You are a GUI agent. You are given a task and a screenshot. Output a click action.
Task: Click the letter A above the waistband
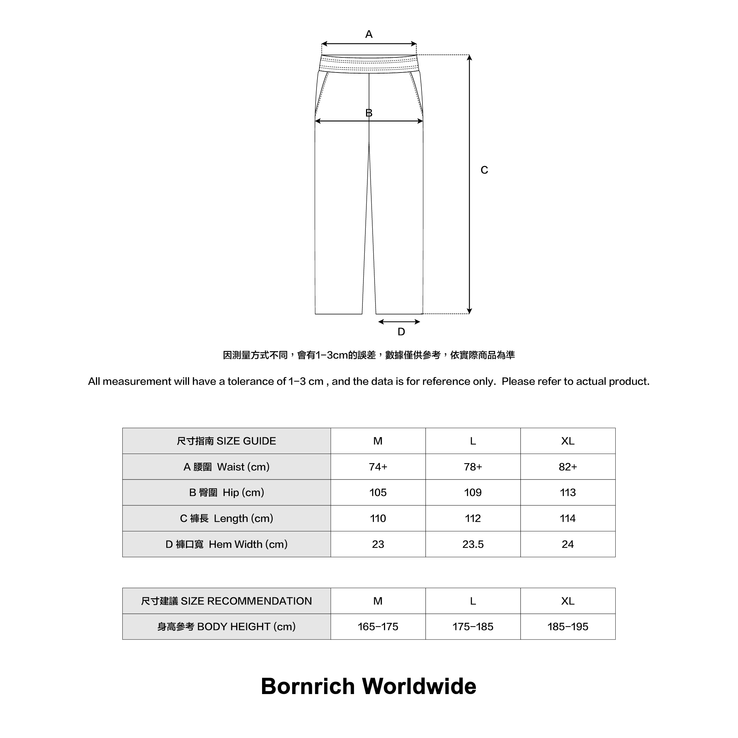(369, 34)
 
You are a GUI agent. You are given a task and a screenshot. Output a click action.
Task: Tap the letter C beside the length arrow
(484, 170)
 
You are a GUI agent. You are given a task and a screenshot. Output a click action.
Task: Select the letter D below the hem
(401, 332)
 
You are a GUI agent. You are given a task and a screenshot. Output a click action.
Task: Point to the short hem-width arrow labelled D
(399, 322)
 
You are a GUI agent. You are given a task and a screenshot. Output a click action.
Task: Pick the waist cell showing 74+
(378, 467)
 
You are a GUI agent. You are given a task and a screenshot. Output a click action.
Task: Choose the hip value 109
(473, 492)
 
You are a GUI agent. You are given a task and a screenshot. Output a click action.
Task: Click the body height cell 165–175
(378, 626)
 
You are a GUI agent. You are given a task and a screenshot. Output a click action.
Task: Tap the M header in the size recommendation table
(378, 601)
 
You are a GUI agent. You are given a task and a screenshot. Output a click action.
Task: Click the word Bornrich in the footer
(308, 687)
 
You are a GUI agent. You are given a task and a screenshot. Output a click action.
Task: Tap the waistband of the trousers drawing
(369, 63)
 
